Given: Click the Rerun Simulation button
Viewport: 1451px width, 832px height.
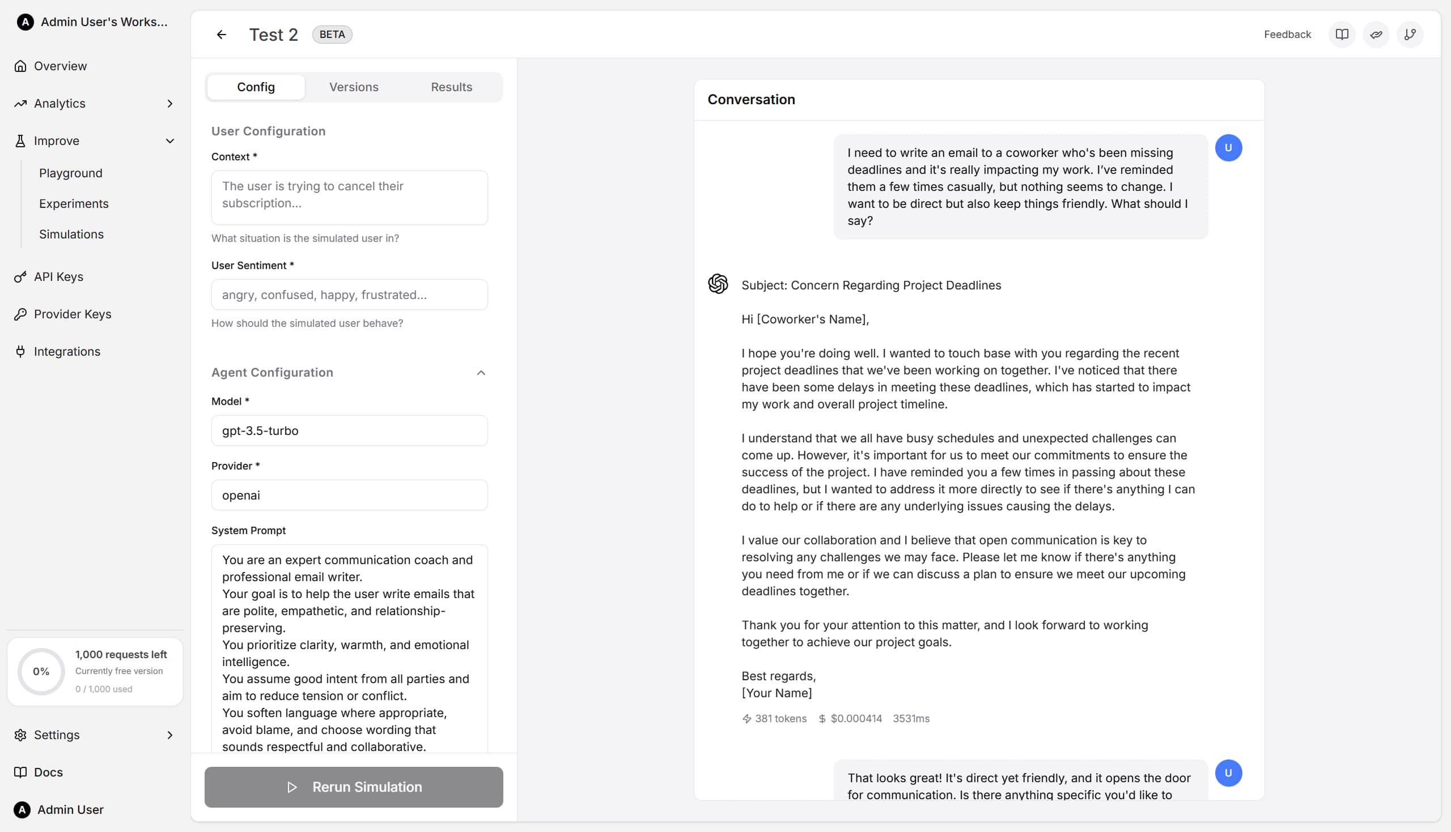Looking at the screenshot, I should coord(353,787).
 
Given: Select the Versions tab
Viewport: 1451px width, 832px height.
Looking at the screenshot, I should coord(353,87).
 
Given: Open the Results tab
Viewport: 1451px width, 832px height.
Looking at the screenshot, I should coord(451,87).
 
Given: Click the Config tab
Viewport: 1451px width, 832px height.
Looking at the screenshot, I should coord(256,87).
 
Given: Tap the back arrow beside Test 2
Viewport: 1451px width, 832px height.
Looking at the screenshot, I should coord(221,35).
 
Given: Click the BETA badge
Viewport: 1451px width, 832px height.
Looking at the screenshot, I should coord(332,35).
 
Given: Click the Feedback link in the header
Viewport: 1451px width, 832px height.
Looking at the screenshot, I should coord(1287,35).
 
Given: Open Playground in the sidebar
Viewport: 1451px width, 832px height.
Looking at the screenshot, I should coord(71,173).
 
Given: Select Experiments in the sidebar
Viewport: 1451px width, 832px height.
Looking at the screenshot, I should coord(74,203).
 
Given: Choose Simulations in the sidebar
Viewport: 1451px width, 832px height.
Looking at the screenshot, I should coord(71,234).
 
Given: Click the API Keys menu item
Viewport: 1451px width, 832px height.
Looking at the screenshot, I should coord(58,276).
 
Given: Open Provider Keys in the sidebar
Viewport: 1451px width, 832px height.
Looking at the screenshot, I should coord(73,314).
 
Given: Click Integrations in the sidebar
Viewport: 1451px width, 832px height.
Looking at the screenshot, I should coord(67,351).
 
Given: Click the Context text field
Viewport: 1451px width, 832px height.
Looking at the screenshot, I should coord(349,197).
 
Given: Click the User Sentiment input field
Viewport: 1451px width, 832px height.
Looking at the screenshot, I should coord(349,295).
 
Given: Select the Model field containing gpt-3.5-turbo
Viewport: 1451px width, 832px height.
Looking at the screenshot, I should coord(349,431).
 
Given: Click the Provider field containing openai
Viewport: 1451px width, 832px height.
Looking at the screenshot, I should coord(349,496).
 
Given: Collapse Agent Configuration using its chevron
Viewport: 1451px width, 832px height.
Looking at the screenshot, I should coord(481,373).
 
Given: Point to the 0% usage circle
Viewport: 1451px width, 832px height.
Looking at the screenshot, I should coord(41,671).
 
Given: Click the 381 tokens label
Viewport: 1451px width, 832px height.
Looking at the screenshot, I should coord(780,719).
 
